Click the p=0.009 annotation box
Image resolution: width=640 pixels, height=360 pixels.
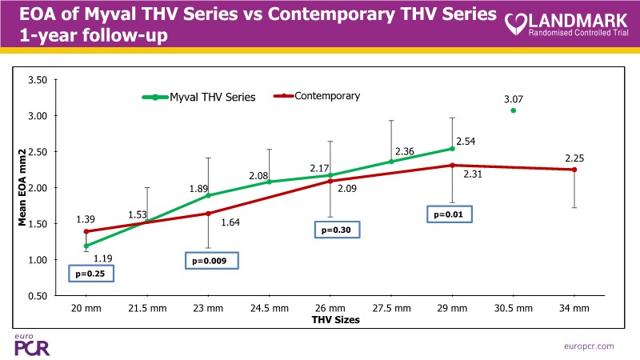[x=211, y=260]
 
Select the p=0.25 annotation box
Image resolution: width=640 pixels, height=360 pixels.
[x=90, y=274]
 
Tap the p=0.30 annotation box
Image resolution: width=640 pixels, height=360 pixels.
[x=336, y=230]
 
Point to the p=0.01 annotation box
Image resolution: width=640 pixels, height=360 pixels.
[x=449, y=214]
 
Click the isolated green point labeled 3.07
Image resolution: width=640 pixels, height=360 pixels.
[x=513, y=110]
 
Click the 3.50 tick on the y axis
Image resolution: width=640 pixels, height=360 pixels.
[x=37, y=80]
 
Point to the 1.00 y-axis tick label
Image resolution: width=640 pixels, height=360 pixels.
[x=37, y=260]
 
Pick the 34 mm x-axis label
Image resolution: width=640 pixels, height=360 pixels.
[x=574, y=307]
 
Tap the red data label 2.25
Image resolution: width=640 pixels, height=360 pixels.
[x=575, y=158]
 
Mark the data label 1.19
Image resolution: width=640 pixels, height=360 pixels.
[x=103, y=258]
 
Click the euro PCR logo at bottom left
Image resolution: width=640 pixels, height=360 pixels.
[x=28, y=343]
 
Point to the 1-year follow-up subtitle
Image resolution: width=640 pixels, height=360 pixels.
[x=89, y=37]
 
